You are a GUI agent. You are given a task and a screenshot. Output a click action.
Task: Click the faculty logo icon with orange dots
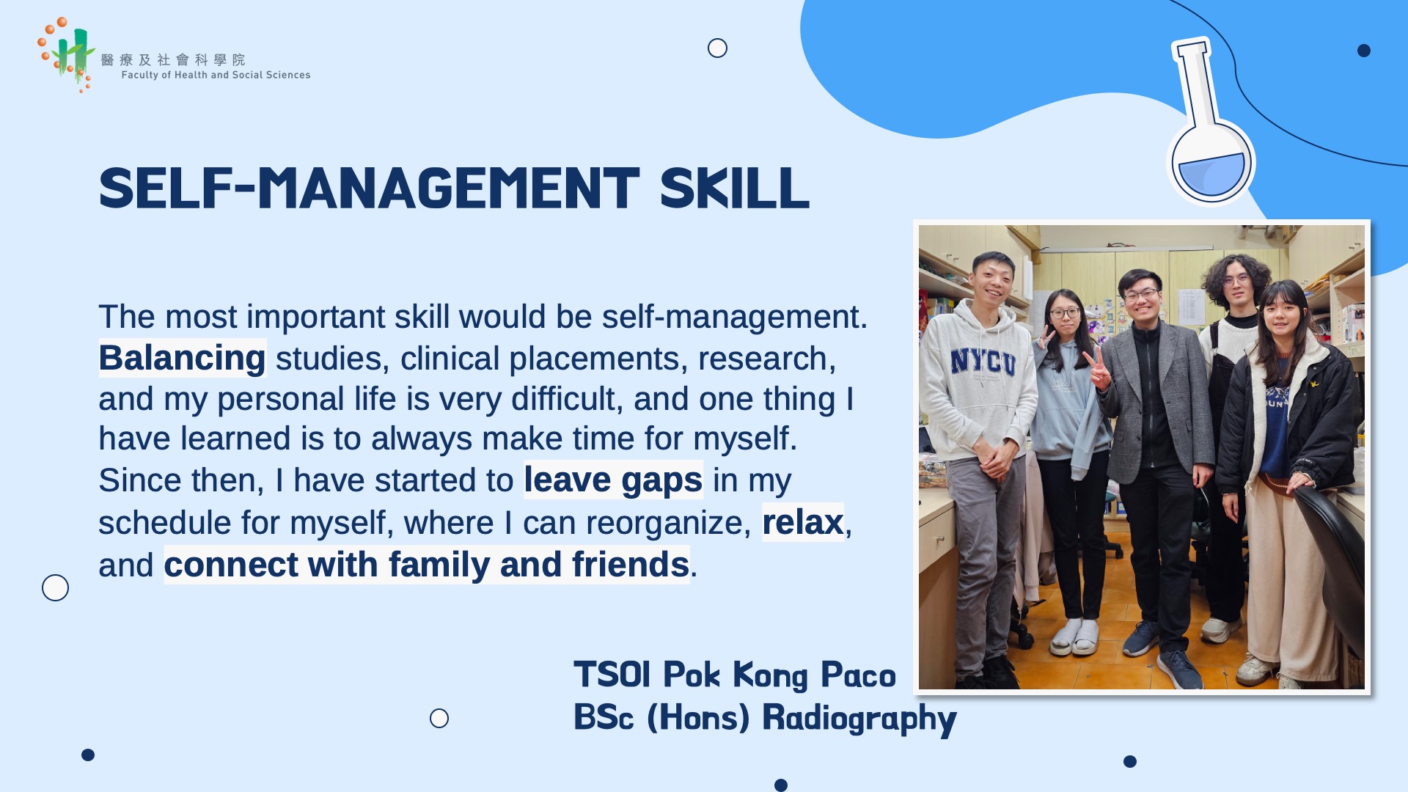point(66,55)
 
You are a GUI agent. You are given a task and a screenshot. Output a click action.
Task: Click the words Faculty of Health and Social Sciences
point(216,75)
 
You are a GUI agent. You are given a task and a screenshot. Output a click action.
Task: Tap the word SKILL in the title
point(735,189)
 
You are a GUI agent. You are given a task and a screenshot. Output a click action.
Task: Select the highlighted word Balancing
point(182,358)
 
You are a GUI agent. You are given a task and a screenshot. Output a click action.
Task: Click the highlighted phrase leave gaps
point(613,480)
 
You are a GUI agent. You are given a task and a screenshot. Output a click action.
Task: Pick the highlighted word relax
point(803,522)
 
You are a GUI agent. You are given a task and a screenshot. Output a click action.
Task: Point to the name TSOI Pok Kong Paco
point(734,675)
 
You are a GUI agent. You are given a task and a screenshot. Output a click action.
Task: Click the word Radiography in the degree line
point(859,718)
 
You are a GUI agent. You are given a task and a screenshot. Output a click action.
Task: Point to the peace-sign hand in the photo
point(1098,367)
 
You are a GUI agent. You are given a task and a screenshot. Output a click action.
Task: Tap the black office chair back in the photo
point(1331,557)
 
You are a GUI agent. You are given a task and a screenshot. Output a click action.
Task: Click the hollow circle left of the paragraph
point(55,587)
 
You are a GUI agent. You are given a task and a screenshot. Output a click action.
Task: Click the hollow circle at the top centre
point(717,48)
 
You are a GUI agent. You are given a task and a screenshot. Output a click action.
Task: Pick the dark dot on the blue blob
point(1364,51)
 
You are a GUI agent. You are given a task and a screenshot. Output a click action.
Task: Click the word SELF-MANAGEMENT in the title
point(369,189)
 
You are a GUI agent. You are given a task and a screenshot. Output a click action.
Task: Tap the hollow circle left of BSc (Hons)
point(439,718)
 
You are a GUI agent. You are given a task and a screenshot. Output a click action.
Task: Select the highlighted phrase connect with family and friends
point(427,565)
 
